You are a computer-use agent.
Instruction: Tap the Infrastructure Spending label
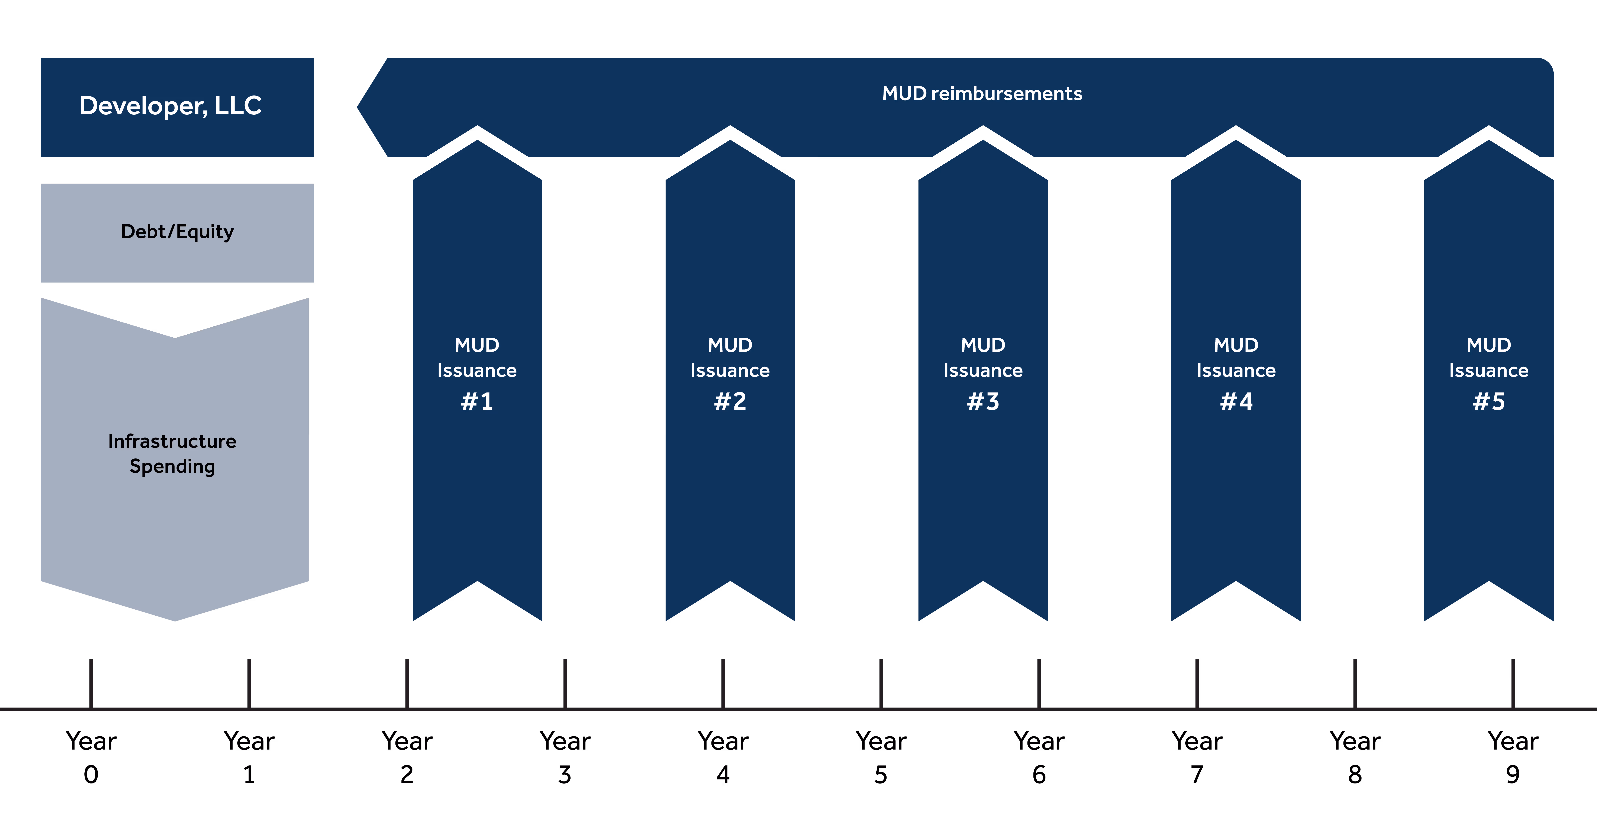coord(172,453)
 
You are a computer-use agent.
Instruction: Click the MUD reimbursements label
coord(982,94)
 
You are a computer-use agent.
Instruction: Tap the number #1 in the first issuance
coord(477,402)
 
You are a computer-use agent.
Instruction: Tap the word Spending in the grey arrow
coord(172,466)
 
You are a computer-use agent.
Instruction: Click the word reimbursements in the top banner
coord(1007,94)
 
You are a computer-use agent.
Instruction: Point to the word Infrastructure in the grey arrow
coord(172,441)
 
